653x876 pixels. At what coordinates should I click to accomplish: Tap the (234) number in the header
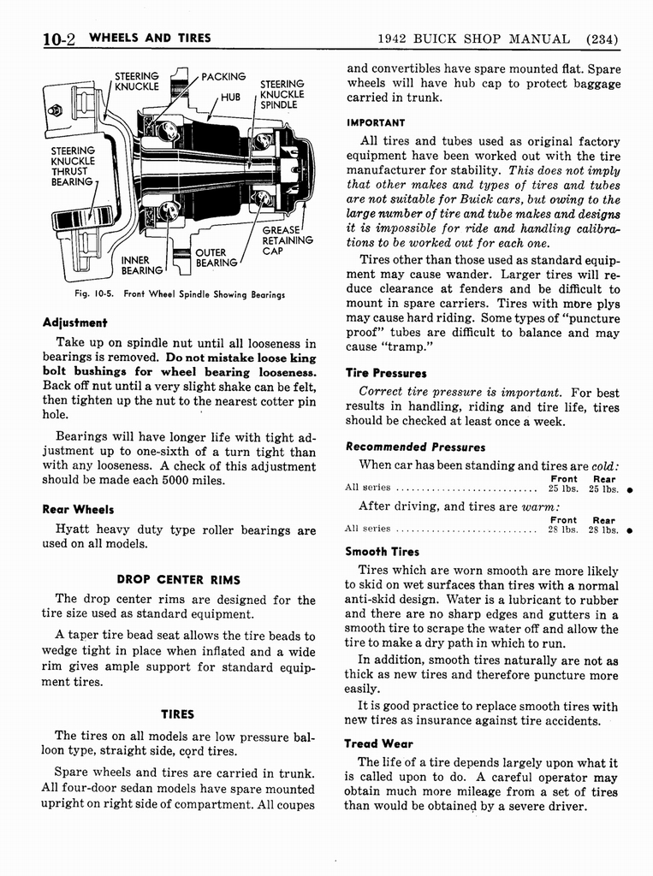click(x=602, y=38)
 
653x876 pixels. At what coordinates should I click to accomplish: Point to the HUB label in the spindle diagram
click(x=231, y=98)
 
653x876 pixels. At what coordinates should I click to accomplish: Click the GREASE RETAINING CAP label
click(x=283, y=241)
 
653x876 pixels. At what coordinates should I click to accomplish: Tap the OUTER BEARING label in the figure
click(x=211, y=257)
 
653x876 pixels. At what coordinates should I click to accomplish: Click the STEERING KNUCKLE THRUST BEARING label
click(x=73, y=166)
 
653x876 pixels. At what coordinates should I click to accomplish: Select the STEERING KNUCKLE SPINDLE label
click(x=282, y=94)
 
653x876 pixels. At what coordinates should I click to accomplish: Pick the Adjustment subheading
click(x=75, y=323)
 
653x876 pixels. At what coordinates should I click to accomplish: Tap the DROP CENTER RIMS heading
click(x=178, y=579)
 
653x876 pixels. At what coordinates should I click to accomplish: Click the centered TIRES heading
click(x=178, y=714)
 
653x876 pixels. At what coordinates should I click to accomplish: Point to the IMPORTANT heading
click(x=376, y=122)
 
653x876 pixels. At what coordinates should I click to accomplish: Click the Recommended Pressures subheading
click(x=415, y=447)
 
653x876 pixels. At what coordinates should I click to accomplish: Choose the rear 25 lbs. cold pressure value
click(x=603, y=489)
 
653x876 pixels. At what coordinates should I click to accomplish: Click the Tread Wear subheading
click(x=378, y=743)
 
